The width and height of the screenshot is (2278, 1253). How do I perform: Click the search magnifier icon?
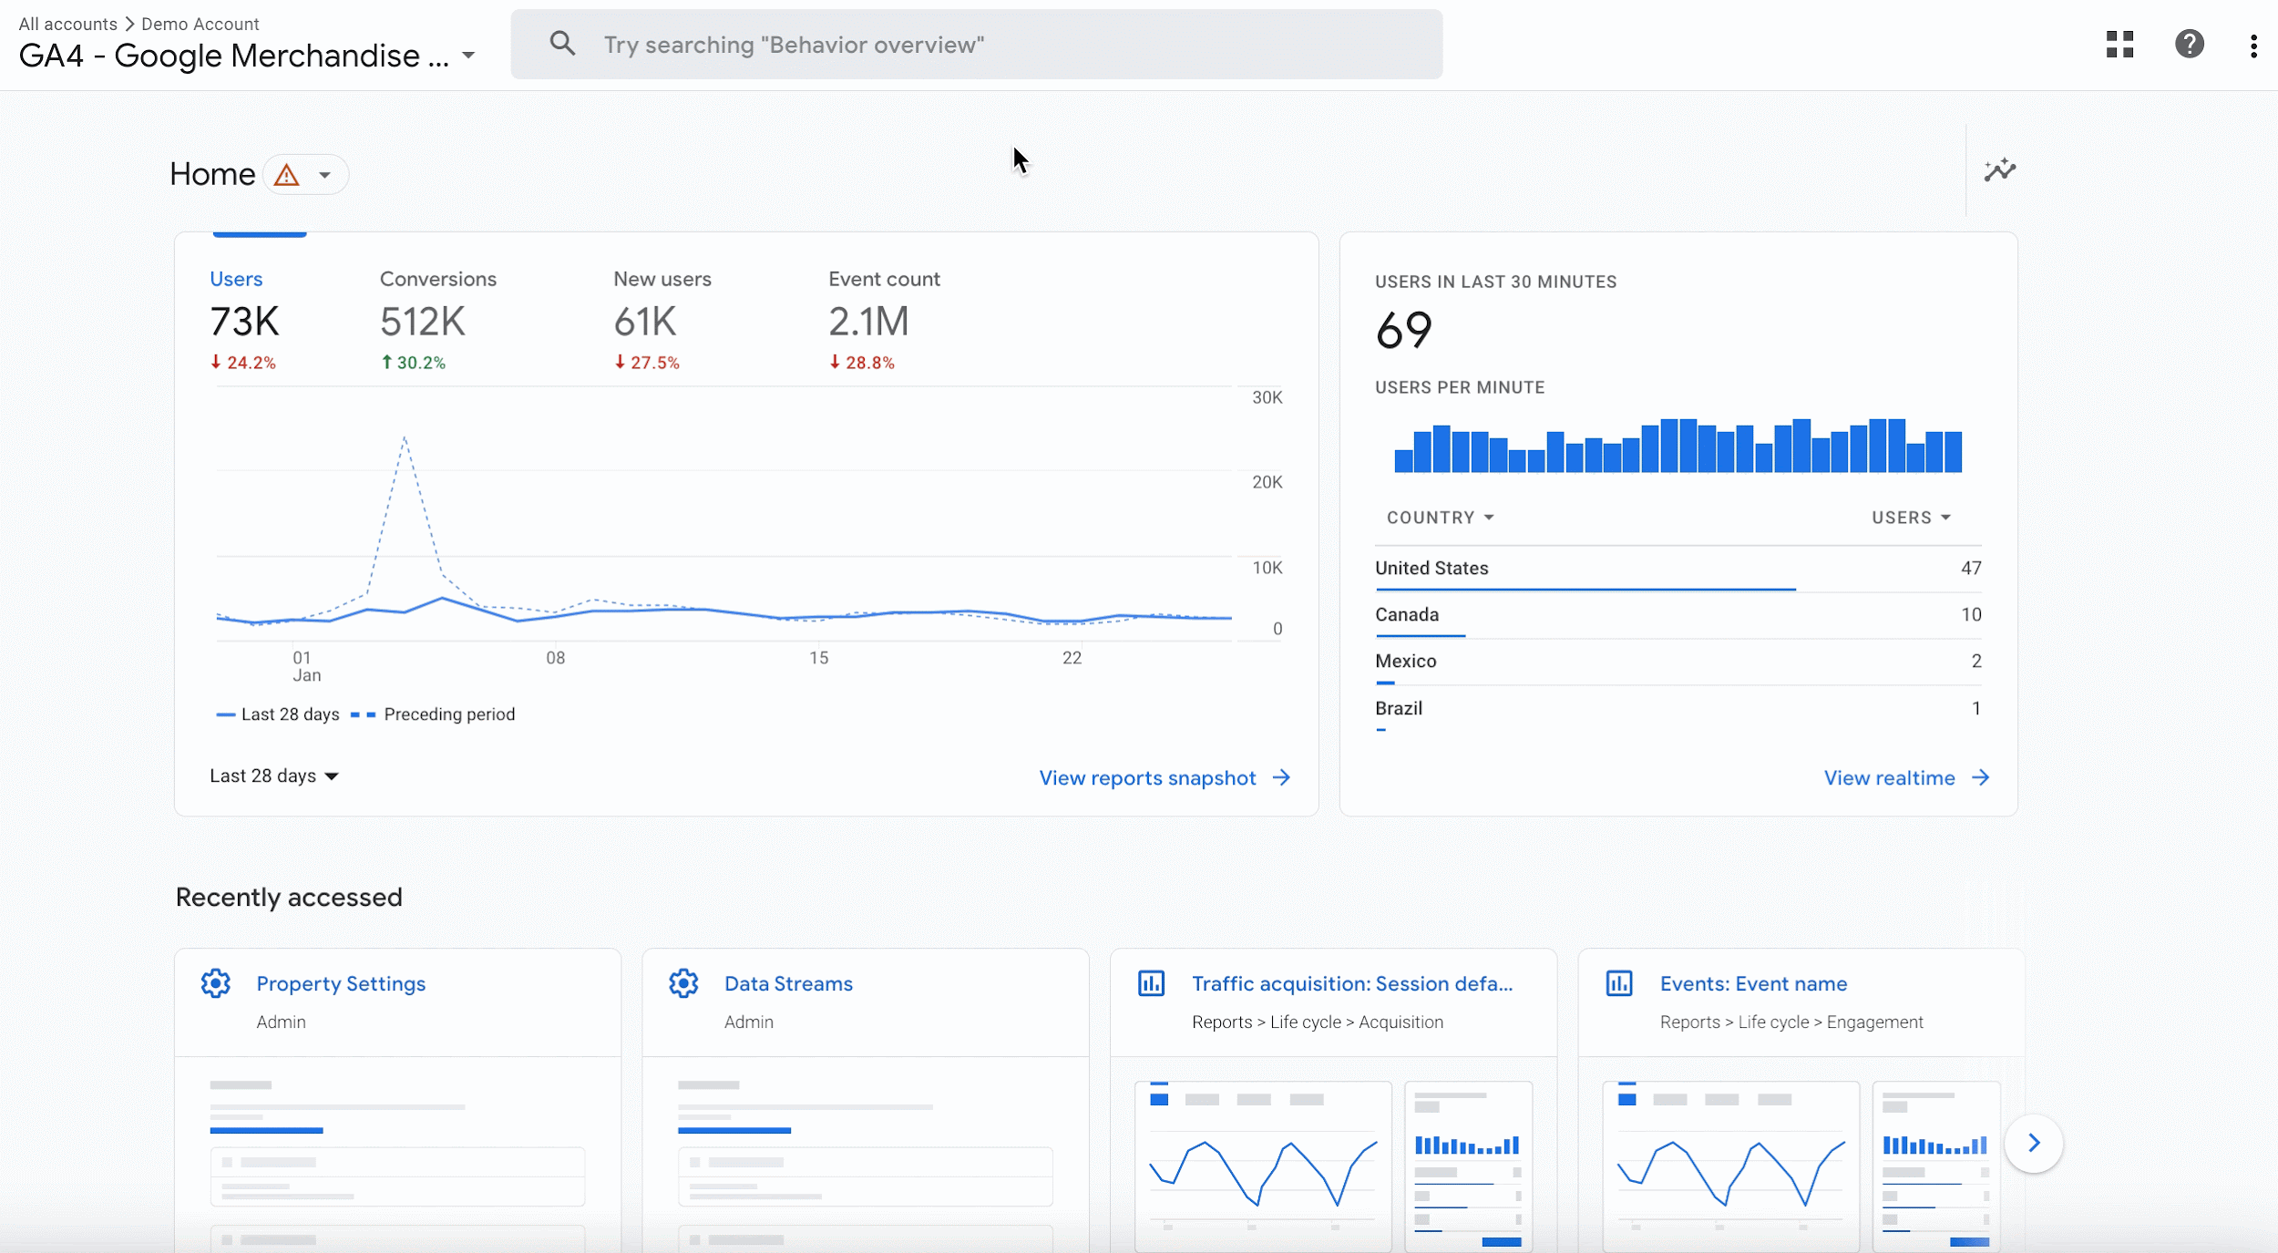(562, 44)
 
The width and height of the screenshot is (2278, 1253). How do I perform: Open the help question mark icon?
(2189, 44)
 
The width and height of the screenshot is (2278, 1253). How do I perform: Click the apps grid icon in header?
(2119, 44)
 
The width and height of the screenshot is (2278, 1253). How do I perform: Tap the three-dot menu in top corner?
(2252, 46)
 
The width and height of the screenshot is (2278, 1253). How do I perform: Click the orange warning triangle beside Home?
(286, 175)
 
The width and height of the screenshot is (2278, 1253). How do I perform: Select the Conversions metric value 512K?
(422, 322)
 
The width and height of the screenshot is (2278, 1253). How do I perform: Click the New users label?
(662, 279)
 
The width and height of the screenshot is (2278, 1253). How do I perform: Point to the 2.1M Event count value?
(867, 322)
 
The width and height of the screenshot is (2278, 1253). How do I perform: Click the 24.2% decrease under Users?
(243, 363)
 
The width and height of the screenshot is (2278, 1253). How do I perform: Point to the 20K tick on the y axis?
(1267, 482)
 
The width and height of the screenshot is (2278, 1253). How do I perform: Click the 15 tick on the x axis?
(818, 658)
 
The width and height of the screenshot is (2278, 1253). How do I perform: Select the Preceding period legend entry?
(448, 714)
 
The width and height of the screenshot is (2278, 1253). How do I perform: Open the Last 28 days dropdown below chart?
(273, 775)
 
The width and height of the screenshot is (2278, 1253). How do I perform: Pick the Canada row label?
(1406, 615)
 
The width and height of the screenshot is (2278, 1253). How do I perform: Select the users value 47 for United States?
(1970, 569)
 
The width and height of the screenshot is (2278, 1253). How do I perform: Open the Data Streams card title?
(787, 984)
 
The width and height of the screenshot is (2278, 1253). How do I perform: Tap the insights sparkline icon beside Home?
(1999, 170)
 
